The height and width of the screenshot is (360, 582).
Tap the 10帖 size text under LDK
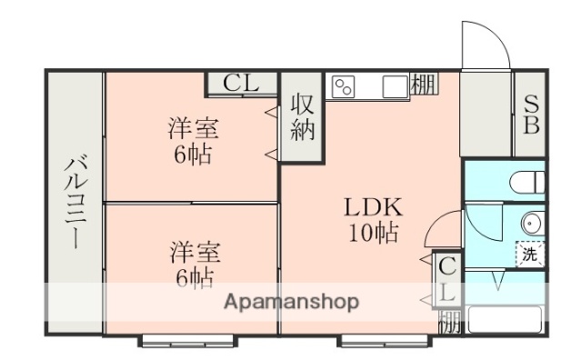(371, 233)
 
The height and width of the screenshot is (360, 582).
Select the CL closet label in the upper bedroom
(242, 84)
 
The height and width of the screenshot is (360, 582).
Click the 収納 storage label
(302, 117)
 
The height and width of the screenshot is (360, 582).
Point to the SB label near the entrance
(530, 113)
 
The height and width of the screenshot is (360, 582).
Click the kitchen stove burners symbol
(344, 86)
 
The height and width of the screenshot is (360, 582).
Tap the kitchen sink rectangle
(396, 86)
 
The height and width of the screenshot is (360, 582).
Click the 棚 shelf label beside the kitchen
(423, 84)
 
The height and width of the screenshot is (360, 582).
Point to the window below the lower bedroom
(178, 341)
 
